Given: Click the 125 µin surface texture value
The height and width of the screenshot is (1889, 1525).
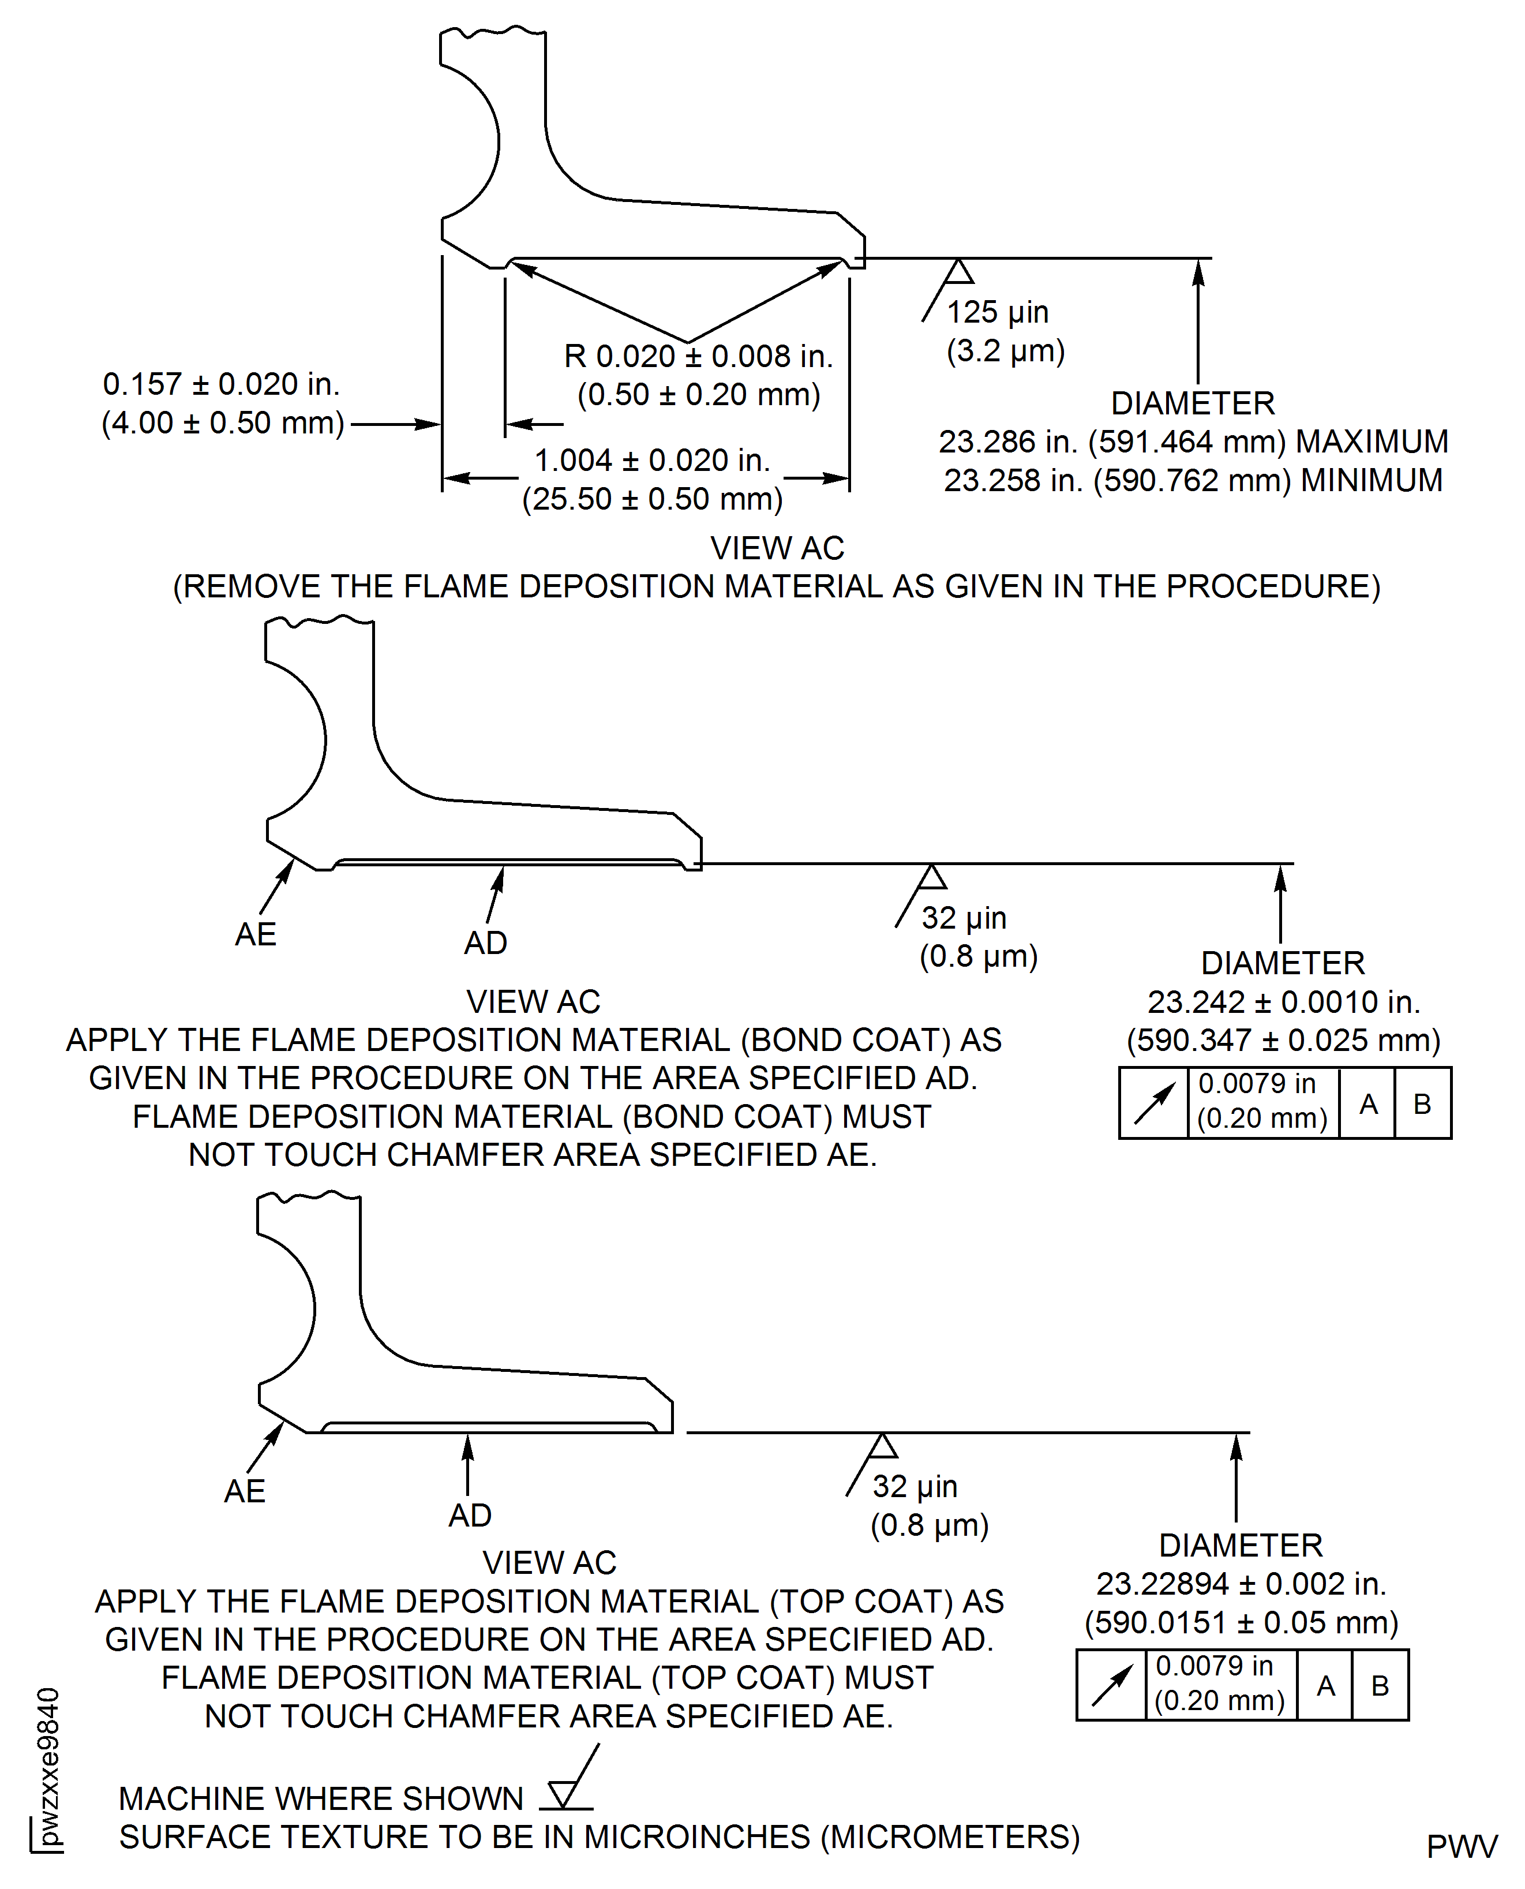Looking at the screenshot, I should tap(997, 312).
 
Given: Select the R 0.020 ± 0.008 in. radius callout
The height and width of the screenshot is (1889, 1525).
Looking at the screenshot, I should tap(698, 357).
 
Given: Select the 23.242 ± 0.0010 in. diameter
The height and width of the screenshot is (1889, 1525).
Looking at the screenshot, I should tap(1283, 1001).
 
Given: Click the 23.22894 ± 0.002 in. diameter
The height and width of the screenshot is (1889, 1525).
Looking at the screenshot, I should tap(1241, 1583).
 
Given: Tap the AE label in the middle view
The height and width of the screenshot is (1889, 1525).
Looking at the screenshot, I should tap(256, 934).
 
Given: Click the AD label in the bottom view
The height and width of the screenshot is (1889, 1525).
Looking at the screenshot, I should tap(470, 1514).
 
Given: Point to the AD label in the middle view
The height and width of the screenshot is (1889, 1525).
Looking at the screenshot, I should tap(486, 942).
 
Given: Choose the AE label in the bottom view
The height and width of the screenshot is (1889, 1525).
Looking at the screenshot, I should tap(244, 1491).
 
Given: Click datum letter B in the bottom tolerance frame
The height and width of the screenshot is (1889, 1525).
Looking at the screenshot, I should tap(1380, 1685).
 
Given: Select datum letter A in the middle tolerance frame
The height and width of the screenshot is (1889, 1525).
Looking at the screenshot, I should tap(1367, 1104).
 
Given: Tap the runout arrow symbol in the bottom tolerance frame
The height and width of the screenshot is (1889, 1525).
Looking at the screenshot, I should tap(1111, 1685).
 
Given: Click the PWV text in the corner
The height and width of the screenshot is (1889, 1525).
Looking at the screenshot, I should tap(1461, 1846).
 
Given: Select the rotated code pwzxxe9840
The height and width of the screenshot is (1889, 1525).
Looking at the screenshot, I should tap(49, 1766).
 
